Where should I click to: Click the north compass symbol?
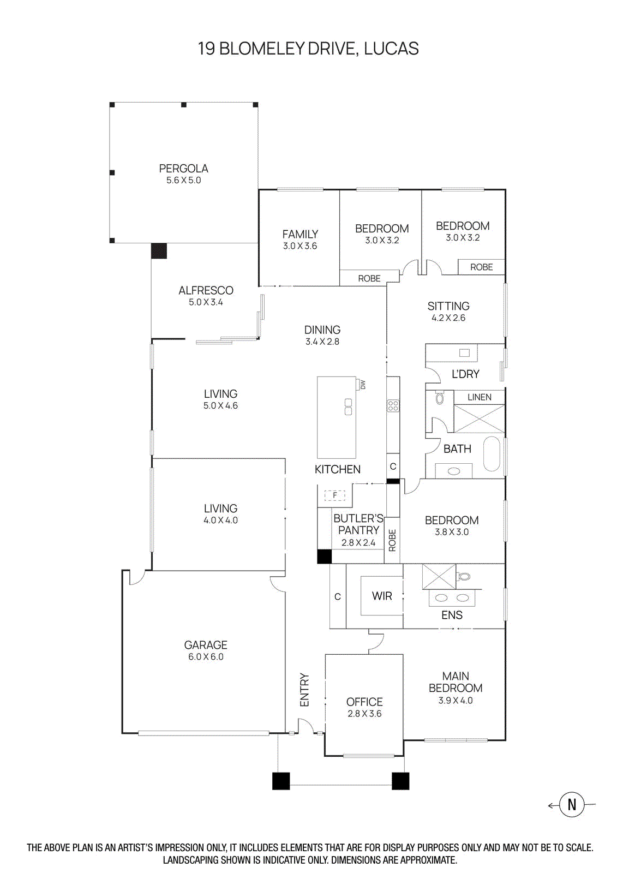coord(572,804)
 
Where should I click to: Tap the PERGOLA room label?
coord(183,169)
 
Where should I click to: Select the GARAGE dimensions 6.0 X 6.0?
coord(206,657)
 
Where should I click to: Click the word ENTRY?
coord(304,690)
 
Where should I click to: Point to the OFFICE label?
coord(364,702)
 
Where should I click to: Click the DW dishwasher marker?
coord(362,385)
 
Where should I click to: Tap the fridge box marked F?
coord(335,495)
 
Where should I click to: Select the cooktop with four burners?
coord(393,405)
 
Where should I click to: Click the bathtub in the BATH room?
coord(492,453)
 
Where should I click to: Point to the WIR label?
coord(382,596)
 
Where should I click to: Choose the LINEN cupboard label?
coord(479,397)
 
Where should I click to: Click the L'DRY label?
coord(465,374)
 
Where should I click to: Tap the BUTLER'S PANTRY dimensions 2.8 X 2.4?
coord(358,543)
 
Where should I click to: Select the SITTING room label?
coord(448,306)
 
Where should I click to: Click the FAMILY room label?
coord(300,234)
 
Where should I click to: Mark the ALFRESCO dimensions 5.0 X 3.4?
coord(206,302)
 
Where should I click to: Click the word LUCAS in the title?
coord(391,49)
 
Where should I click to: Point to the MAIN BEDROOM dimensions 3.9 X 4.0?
coord(456,701)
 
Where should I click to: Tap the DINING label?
coord(322,330)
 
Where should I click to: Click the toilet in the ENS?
coord(464,576)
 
